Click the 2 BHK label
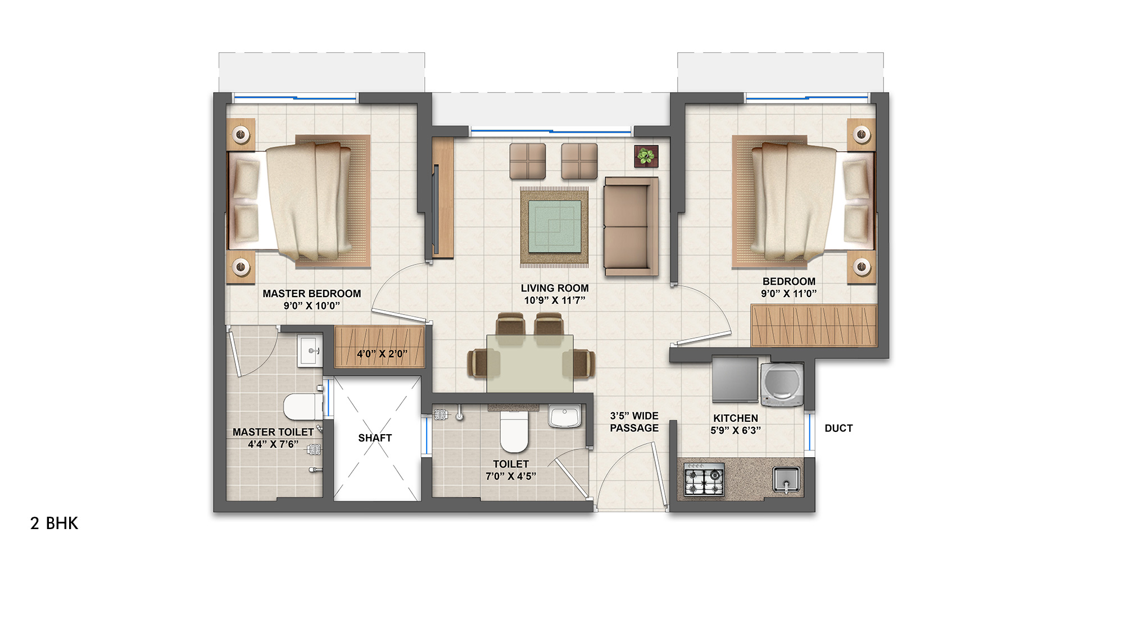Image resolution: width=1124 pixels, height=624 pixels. (54, 523)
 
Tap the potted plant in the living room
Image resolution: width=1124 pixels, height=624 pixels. (646, 156)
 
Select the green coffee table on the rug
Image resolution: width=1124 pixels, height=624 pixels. (554, 227)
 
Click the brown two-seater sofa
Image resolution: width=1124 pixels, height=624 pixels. (631, 226)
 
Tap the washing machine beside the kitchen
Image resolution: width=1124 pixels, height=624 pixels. (782, 384)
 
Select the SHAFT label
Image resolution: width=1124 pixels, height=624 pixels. (375, 438)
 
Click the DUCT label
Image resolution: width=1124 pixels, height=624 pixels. (839, 429)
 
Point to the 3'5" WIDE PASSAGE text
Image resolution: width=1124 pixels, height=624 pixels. (634, 422)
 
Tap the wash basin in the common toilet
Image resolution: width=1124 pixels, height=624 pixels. (564, 417)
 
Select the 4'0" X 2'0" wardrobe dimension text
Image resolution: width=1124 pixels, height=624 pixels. (382, 354)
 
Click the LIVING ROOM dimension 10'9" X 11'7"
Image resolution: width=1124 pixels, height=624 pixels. (555, 300)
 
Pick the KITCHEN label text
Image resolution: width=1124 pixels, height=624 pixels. (735, 418)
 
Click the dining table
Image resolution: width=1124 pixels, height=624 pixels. (529, 362)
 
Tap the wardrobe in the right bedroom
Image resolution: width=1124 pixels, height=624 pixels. (814, 325)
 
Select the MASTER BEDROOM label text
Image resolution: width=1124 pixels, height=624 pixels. (311, 294)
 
